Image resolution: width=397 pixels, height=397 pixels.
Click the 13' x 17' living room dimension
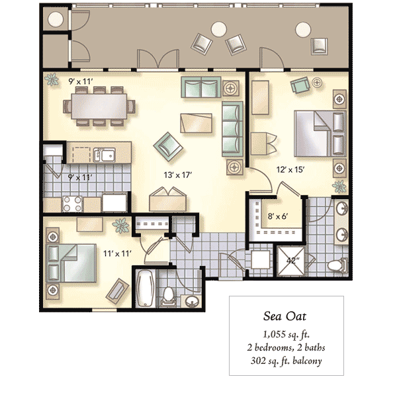pos(178,175)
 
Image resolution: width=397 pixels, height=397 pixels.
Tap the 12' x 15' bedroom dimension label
pos(290,169)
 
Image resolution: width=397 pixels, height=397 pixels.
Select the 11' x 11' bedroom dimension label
pos(117,253)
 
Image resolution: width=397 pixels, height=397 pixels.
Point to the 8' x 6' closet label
pos(278,216)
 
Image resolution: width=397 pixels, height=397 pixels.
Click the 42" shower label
pos(293,260)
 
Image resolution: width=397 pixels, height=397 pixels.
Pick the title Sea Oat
pos(285,316)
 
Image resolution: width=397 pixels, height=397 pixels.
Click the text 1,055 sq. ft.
pos(287,334)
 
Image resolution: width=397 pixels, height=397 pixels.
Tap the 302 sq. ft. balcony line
pos(287,361)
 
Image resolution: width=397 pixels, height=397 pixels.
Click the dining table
pos(99,106)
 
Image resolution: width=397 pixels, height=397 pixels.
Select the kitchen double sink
pos(104,155)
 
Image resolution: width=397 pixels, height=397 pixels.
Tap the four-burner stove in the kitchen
pos(72,204)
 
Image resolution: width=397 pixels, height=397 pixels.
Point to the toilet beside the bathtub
pos(167,296)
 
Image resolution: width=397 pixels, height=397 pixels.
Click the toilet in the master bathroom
pos(337,265)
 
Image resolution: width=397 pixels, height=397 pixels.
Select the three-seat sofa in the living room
pos(232,129)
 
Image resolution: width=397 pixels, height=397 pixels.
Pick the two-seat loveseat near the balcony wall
pos(201,87)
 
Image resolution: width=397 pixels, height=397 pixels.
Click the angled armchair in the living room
pos(168,147)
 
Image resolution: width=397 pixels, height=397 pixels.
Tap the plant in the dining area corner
pos(52,79)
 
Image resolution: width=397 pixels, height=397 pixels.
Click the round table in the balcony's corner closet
pos(56,19)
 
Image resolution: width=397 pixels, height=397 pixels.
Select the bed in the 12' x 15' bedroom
pos(320,134)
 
